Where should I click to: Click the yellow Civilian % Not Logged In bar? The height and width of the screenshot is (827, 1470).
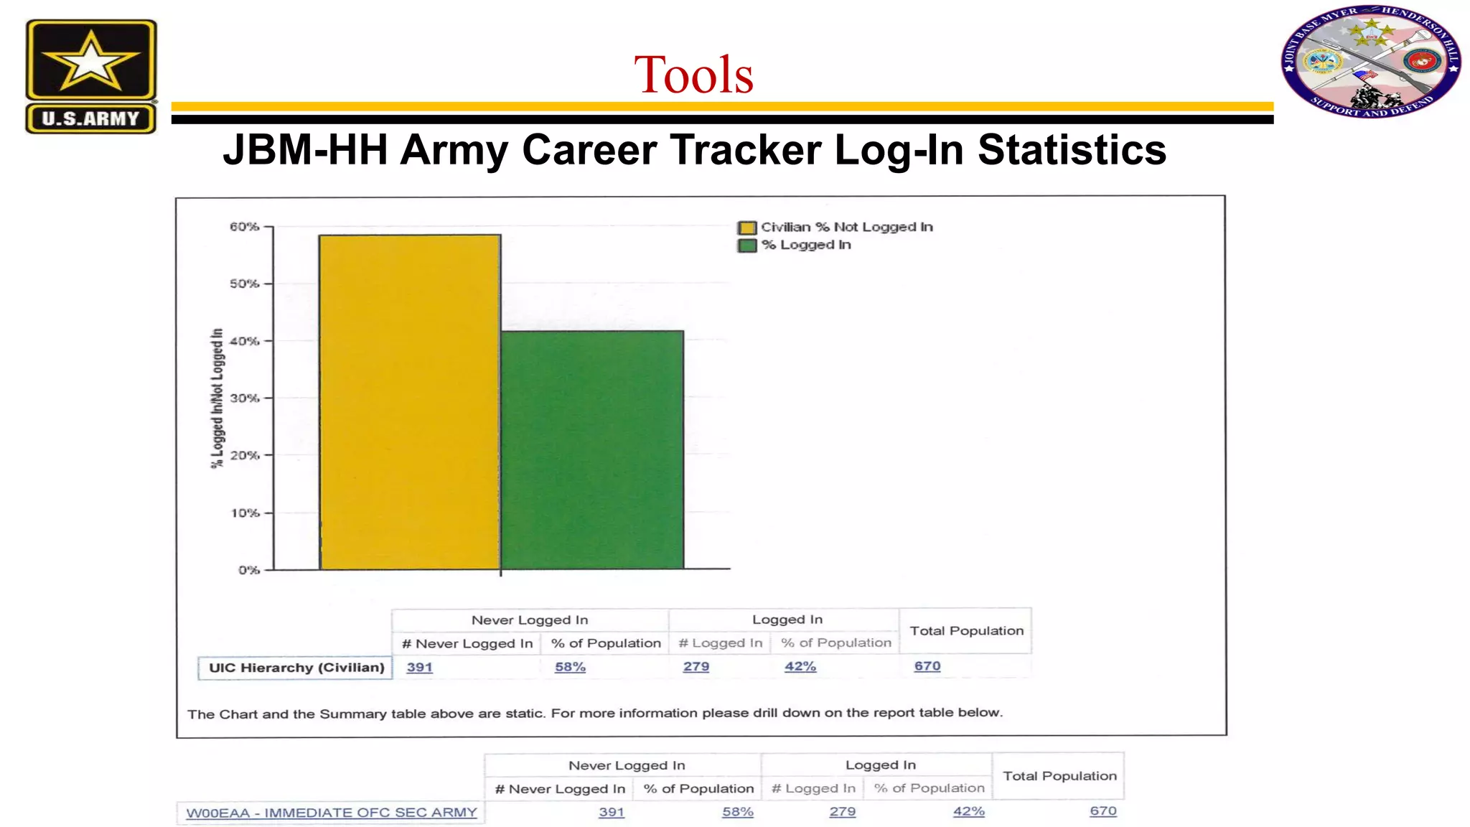pyautogui.click(x=410, y=402)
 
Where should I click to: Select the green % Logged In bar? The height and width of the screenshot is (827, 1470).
pyautogui.click(x=592, y=450)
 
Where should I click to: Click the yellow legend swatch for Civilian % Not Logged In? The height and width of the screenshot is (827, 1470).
pyautogui.click(x=747, y=228)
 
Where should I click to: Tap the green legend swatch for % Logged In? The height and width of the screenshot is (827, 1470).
pyautogui.click(x=747, y=246)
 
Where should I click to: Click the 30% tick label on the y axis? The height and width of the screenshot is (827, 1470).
pyautogui.click(x=245, y=398)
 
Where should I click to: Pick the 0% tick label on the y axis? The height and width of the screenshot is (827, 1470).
pyautogui.click(x=248, y=570)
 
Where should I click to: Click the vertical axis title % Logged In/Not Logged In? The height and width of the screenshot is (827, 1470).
pyautogui.click(x=217, y=398)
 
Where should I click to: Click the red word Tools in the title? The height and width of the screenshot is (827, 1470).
pyautogui.click(x=693, y=75)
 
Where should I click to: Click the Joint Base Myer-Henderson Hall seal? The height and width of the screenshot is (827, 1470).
pyautogui.click(x=1371, y=62)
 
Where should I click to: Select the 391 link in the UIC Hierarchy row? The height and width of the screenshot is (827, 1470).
pyautogui.click(x=419, y=667)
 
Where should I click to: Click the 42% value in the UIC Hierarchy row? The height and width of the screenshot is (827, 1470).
pyautogui.click(x=800, y=666)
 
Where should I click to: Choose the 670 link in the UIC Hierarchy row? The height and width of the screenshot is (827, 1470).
pyautogui.click(x=927, y=666)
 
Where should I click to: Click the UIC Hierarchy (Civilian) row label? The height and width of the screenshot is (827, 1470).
pyautogui.click(x=296, y=668)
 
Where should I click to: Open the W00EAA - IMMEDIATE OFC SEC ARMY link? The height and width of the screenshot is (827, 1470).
pyautogui.click(x=332, y=813)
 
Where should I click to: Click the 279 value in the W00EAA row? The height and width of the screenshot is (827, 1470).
pyautogui.click(x=843, y=811)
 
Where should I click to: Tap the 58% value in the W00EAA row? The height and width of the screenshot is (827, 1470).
pyautogui.click(x=738, y=812)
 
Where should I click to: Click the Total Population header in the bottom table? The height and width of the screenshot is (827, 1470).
pyautogui.click(x=1059, y=776)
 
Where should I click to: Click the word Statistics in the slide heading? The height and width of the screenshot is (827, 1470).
pyautogui.click(x=1072, y=150)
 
